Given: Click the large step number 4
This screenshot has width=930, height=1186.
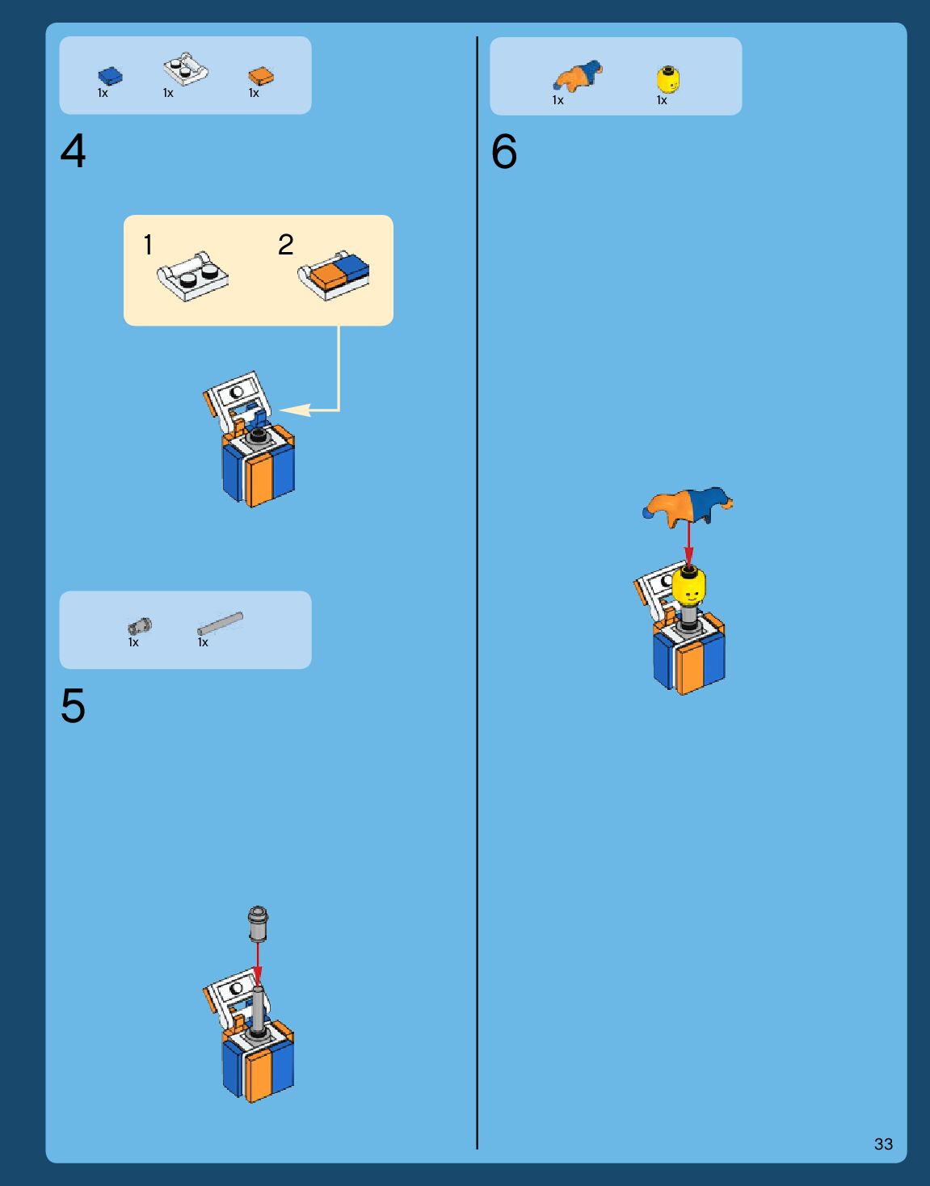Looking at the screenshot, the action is tap(73, 150).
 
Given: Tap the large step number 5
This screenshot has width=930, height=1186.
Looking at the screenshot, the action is tap(74, 705).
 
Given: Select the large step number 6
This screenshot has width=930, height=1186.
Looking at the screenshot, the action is tap(503, 151).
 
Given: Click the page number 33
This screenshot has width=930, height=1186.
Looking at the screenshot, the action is tap(883, 1143).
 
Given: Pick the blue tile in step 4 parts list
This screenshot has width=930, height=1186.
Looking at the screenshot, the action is tap(110, 76).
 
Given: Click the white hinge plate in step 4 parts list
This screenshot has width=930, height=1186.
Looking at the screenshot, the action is tap(186, 69).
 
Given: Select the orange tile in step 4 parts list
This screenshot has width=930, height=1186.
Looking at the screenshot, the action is tap(261, 76).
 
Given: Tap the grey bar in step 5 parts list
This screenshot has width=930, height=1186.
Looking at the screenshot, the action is tap(220, 623).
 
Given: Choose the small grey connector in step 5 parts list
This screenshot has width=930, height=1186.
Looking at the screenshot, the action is tap(140, 626).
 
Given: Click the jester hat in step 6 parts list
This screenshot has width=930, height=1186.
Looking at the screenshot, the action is tap(578, 75).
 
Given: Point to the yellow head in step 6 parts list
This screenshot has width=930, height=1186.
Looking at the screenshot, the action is tap(668, 79).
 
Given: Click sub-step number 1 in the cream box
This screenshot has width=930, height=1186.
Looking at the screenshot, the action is tap(148, 245).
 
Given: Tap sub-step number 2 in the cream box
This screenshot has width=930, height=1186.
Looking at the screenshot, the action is tap(285, 244).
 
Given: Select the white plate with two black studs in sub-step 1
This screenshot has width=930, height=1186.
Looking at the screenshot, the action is tap(192, 276).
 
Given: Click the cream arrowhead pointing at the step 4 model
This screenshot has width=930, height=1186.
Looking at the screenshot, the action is tap(295, 410).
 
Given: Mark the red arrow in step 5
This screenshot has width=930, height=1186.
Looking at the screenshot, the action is tap(258, 965).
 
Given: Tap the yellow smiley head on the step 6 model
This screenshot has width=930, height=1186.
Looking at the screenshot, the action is tap(688, 585).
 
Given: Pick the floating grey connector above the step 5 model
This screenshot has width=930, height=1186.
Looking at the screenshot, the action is tap(258, 924).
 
